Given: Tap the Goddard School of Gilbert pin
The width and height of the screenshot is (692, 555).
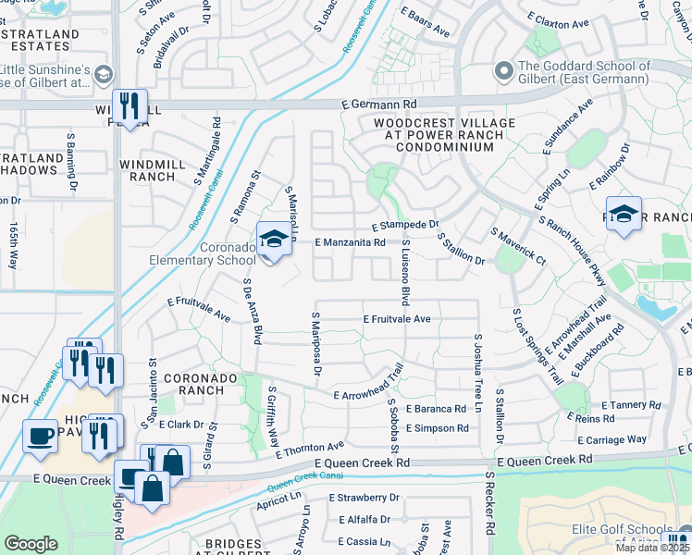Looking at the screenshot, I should coord(504,70).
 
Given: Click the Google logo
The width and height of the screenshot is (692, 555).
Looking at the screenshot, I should coord(31,544).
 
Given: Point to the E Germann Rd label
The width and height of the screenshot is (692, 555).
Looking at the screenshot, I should coord(379,105).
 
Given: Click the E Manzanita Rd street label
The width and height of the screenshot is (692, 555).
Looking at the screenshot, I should coord(350,242).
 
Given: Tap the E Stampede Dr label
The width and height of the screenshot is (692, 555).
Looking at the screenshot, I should coord(404,225).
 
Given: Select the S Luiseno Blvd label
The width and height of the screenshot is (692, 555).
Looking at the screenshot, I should coord(405,272).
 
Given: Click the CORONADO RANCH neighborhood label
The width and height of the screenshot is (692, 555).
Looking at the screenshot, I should coord(201,386).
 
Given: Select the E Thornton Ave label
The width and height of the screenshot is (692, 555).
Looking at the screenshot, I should coord(310,449).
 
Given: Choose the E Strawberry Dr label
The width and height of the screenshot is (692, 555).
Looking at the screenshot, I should coord(356,497).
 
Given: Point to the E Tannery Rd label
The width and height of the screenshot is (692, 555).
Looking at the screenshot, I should coord(636,404).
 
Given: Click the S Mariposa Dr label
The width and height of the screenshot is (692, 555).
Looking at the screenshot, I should coord(315,343).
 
